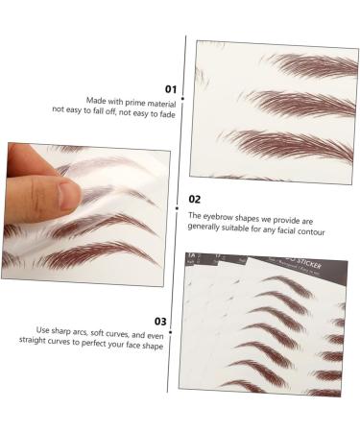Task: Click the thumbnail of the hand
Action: coord(66,197)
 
